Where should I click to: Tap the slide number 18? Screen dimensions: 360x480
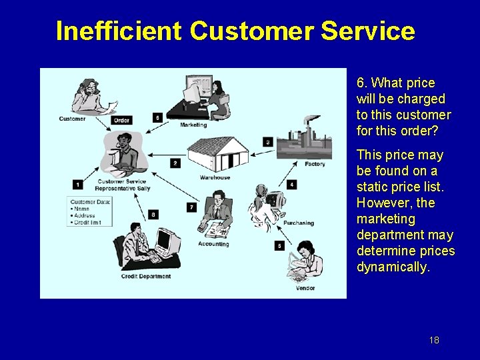point(434,340)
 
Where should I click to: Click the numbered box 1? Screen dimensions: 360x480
point(78,184)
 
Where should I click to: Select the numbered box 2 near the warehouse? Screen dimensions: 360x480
point(175,163)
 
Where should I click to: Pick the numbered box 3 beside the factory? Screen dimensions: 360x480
point(267,141)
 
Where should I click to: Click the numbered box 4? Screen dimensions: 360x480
point(292,184)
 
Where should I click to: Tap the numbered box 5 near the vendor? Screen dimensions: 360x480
point(280,245)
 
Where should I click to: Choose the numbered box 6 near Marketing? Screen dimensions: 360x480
point(157,117)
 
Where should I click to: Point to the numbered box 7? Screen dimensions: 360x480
point(191,207)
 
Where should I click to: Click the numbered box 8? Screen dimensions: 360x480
point(153,214)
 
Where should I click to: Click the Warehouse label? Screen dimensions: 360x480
point(215,177)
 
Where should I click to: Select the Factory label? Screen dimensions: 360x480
point(315,164)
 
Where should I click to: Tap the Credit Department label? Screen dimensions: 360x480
point(146,276)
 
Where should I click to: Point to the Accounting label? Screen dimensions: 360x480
point(213,244)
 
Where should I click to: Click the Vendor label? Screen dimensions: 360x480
point(305,288)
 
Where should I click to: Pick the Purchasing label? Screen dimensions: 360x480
point(298,223)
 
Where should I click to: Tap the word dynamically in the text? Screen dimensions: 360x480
point(393,267)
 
